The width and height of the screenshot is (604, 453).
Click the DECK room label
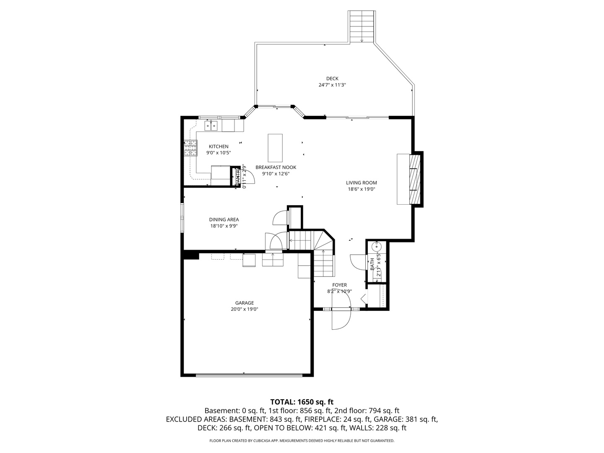point(332,78)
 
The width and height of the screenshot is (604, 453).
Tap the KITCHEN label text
point(219,146)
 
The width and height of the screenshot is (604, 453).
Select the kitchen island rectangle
point(275,148)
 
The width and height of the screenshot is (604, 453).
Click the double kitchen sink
point(211,125)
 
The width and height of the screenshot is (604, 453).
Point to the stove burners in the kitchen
point(190,148)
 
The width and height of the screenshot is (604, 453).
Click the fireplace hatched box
point(414,180)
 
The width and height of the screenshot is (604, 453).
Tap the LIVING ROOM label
point(361,182)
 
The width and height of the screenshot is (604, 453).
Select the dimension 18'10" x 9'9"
point(224,226)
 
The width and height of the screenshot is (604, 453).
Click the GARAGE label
point(244,303)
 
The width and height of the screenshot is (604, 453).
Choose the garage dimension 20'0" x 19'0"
point(244,309)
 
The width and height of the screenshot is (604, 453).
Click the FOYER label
point(339,285)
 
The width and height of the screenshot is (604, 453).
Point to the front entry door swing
point(341,320)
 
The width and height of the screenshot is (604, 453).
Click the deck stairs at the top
point(362,26)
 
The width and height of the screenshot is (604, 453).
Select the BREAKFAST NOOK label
point(276,167)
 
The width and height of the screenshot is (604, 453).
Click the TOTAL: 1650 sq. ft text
point(302,402)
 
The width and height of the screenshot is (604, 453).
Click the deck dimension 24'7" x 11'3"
point(332,85)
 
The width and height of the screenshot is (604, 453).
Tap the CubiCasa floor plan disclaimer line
point(302,441)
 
